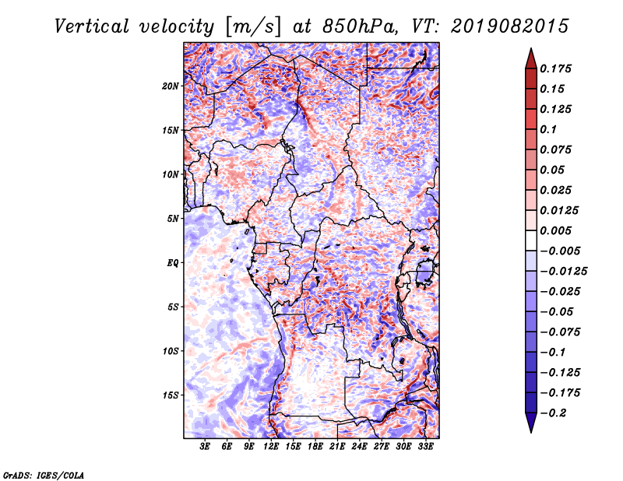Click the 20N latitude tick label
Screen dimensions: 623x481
tap(171, 86)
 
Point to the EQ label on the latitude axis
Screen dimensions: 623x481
tap(173, 263)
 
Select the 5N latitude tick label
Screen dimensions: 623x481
tap(173, 219)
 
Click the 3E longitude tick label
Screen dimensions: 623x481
tap(205, 447)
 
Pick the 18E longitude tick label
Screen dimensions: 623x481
tap(315, 447)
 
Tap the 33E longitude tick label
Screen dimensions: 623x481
tap(425, 447)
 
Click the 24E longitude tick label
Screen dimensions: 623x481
tap(359, 447)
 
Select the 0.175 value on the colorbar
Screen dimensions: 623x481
tap(555, 68)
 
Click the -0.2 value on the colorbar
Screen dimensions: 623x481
tap(553, 413)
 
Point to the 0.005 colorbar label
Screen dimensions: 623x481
tap(555, 230)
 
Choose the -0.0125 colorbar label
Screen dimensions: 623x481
tap(563, 272)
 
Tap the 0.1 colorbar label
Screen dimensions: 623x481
tap(548, 129)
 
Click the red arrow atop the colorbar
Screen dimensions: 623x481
tap(531, 58)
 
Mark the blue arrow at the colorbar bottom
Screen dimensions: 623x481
tap(531, 423)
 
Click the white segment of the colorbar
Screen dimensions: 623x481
tap(531, 240)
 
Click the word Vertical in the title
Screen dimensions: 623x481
tap(92, 26)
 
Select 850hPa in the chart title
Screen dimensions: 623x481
tap(359, 26)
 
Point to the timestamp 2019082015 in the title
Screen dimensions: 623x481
tap(510, 26)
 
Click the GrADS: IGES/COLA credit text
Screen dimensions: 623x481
tap(43, 475)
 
